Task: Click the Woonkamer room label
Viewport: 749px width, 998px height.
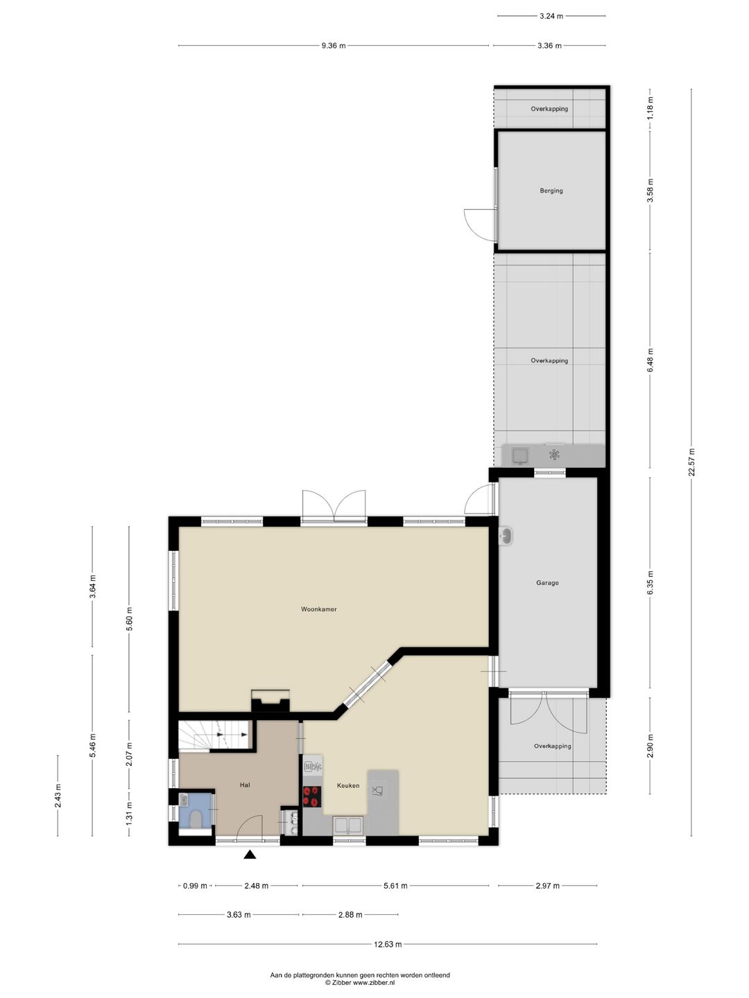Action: coord(319,609)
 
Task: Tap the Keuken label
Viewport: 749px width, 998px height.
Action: coord(348,785)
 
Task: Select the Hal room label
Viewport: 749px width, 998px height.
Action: coord(245,785)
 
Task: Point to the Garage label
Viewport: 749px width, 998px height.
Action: coord(547,583)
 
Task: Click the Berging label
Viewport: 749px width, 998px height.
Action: coord(551,191)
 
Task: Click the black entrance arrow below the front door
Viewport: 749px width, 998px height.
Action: coord(250,855)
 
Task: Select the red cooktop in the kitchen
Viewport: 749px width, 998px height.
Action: coord(313,796)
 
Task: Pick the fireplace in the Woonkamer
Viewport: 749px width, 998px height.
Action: coord(270,701)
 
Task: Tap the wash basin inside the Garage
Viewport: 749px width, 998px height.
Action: coord(506,536)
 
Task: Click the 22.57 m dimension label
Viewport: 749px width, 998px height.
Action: coord(691,462)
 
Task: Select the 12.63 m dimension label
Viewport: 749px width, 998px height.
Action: coord(388,944)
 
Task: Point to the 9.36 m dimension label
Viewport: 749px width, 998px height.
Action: coord(333,46)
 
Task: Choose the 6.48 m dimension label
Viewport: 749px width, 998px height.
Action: coord(651,360)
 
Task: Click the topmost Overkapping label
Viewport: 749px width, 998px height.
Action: coord(549,109)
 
